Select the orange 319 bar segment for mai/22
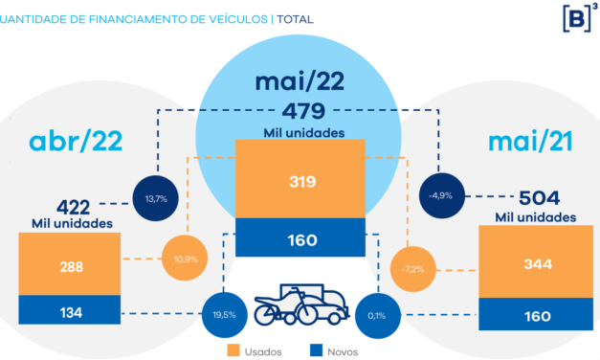pos(302,179)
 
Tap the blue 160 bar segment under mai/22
pos(302,238)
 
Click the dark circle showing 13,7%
pos(155,198)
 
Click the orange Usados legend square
pos(233,350)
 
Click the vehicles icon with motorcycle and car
pos(299,304)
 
